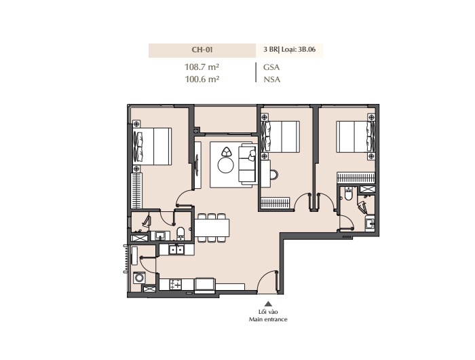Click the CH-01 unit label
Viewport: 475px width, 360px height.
(x=202, y=50)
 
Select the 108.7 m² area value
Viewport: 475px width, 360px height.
(x=202, y=67)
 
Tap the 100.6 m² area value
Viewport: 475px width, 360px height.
(x=202, y=79)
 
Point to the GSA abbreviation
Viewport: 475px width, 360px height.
(x=271, y=67)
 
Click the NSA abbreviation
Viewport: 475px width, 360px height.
(x=271, y=79)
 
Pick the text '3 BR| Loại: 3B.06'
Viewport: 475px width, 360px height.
(x=289, y=50)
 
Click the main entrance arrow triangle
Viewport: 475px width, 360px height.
(x=268, y=304)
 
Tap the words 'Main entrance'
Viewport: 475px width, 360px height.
(x=268, y=319)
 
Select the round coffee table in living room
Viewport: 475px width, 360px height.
(x=226, y=165)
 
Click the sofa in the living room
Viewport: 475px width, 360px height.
(x=248, y=164)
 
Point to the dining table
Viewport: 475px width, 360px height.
(x=212, y=228)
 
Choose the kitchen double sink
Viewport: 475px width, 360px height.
(x=176, y=249)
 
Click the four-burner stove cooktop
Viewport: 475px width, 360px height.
(x=175, y=285)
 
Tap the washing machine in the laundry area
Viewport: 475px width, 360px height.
(x=139, y=278)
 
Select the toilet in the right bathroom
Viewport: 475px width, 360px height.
(x=348, y=194)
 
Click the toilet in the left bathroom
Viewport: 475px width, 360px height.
(x=180, y=233)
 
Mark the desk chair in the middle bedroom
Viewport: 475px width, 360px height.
(x=274, y=175)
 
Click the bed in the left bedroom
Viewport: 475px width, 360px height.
(x=152, y=146)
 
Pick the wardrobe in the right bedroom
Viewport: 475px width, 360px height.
(x=356, y=178)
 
